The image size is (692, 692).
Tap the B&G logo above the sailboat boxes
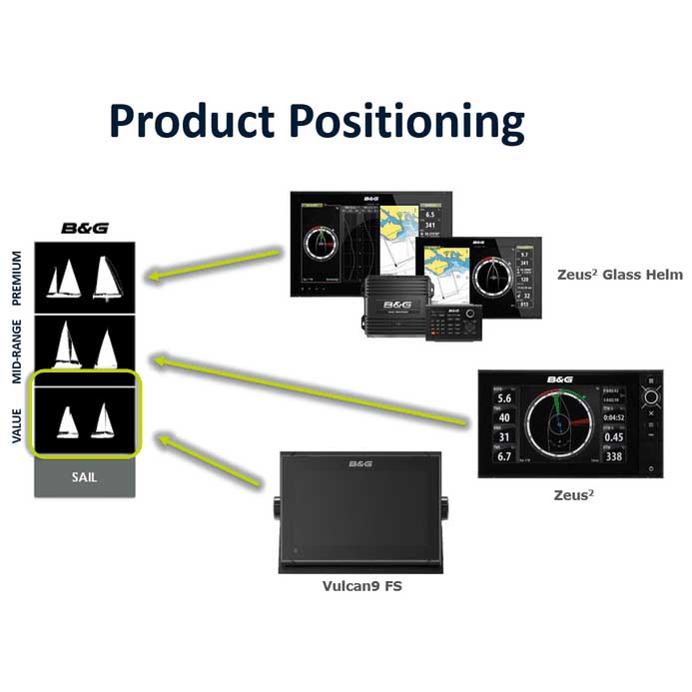(83, 228)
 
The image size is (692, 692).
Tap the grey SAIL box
(84, 477)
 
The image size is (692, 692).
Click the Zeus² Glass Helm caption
(620, 274)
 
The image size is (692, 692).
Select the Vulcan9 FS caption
(360, 586)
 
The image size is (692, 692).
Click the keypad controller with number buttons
(454, 321)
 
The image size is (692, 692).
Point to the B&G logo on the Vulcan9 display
(360, 464)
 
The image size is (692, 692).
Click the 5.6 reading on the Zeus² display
(504, 397)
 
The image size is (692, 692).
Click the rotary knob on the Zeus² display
(651, 396)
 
